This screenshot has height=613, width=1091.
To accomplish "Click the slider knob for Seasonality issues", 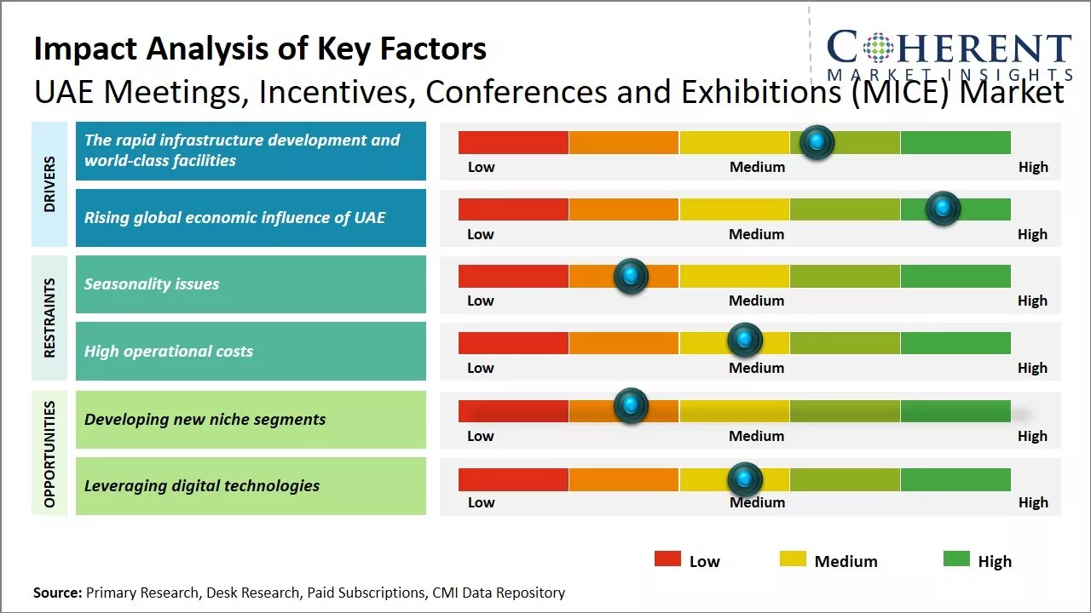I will pyautogui.click(x=631, y=276).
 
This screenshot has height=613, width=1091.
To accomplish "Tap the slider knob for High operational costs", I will pyautogui.click(x=745, y=341).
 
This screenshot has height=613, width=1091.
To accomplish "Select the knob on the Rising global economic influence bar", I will pyautogui.click(x=943, y=209).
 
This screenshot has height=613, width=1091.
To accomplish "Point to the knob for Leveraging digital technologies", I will pyautogui.click(x=745, y=479).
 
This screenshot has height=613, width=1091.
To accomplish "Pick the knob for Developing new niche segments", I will pyautogui.click(x=631, y=405).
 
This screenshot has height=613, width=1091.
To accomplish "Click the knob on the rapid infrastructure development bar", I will pyautogui.click(x=817, y=142).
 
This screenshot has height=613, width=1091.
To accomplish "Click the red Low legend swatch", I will pyautogui.click(x=667, y=559).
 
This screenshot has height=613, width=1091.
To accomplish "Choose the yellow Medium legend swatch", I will pyautogui.click(x=793, y=559).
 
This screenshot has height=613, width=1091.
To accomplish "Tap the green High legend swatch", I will pyautogui.click(x=956, y=559).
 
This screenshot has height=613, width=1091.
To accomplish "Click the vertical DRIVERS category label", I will pyautogui.click(x=49, y=184).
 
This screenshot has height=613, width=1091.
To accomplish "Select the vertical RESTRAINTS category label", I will pyautogui.click(x=49, y=318).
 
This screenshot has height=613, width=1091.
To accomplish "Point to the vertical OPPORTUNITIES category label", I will pyautogui.click(x=49, y=454).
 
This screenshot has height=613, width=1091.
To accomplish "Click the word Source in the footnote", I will pyautogui.click(x=57, y=593).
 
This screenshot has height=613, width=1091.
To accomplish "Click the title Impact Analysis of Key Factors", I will pyautogui.click(x=260, y=49).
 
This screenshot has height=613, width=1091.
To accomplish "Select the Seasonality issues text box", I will pyautogui.click(x=251, y=284).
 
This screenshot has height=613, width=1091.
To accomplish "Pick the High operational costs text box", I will pyautogui.click(x=251, y=351).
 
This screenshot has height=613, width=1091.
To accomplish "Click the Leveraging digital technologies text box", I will pyautogui.click(x=251, y=486).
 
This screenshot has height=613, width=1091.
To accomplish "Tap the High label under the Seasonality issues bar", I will pyautogui.click(x=1032, y=301).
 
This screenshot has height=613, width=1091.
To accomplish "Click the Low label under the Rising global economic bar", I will pyautogui.click(x=481, y=234).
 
